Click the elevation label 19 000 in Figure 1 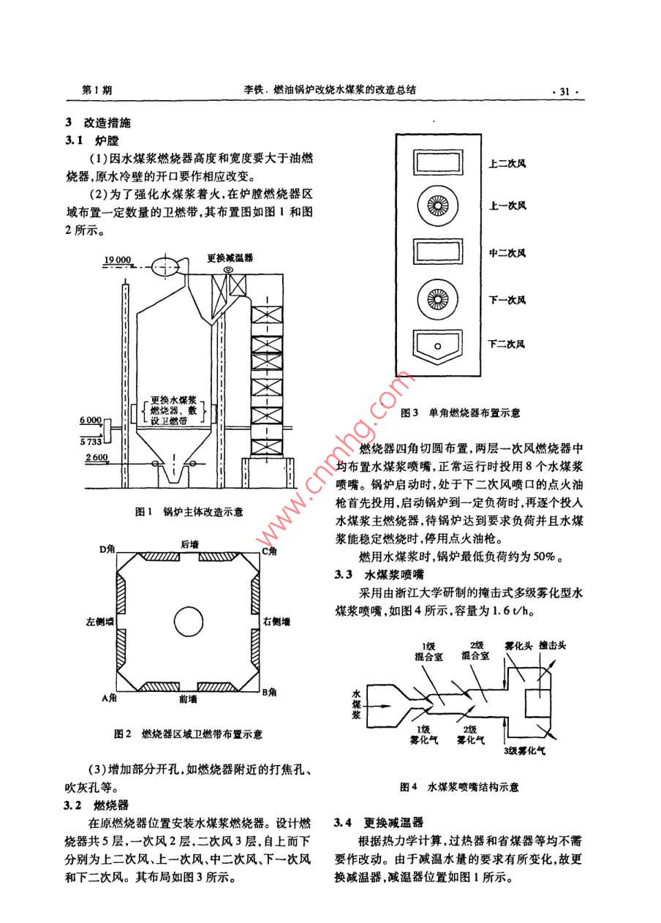pyautogui.click(x=116, y=260)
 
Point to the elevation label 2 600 pyautogui.click(x=97, y=457)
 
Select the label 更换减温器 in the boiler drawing pyautogui.click(x=230, y=258)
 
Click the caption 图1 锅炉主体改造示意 pyautogui.click(x=189, y=512)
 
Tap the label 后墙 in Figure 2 pyautogui.click(x=189, y=545)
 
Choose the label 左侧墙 pyautogui.click(x=99, y=622)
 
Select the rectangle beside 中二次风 pyautogui.click(x=438, y=252)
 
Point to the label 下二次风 pyautogui.click(x=507, y=344)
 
